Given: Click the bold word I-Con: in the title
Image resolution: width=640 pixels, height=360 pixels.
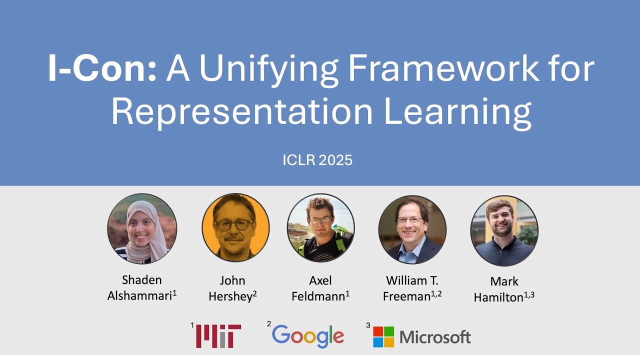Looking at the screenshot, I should (102, 69).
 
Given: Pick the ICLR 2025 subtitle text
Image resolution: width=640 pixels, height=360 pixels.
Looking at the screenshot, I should (317, 160).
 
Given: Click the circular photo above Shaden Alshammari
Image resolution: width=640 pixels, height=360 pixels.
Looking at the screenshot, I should (142, 228).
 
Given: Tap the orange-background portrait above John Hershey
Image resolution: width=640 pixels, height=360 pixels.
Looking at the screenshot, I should (235, 228).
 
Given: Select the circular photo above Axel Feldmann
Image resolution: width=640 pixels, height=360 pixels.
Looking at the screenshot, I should (320, 228).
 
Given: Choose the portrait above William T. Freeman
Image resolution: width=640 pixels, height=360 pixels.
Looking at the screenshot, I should (412, 229).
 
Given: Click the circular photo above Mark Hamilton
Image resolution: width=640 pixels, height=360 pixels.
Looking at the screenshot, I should (504, 230).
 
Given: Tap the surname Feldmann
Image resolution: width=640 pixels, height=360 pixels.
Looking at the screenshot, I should (318, 296).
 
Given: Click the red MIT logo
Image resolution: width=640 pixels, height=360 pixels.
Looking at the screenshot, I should (218, 336).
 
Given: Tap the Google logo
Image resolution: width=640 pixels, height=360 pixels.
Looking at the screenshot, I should (308, 336).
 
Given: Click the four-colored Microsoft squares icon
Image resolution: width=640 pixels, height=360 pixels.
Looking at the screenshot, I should (383, 336).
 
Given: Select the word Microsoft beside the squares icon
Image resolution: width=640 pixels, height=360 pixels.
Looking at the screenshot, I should (435, 337).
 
